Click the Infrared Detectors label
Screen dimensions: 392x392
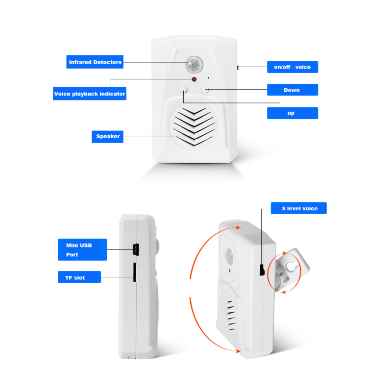click(x=95, y=62)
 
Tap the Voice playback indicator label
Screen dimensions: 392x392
click(x=90, y=94)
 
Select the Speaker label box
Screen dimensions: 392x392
click(x=107, y=136)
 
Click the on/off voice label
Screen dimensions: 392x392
click(x=292, y=67)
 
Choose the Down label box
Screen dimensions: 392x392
click(x=292, y=90)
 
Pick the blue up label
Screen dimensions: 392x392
click(x=292, y=113)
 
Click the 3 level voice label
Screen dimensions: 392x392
click(x=299, y=209)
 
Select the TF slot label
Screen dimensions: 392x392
click(x=79, y=277)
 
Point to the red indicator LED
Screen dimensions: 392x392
click(x=194, y=79)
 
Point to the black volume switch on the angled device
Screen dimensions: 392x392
click(x=262, y=269)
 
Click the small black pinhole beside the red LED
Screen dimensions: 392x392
click(x=208, y=78)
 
